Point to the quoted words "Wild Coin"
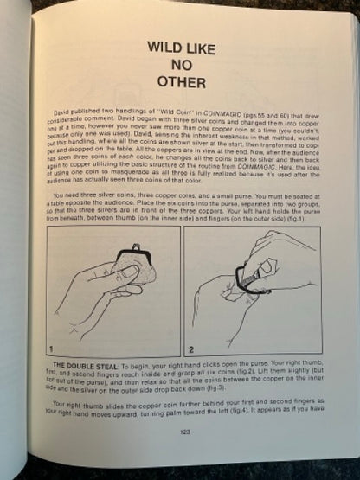157,112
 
